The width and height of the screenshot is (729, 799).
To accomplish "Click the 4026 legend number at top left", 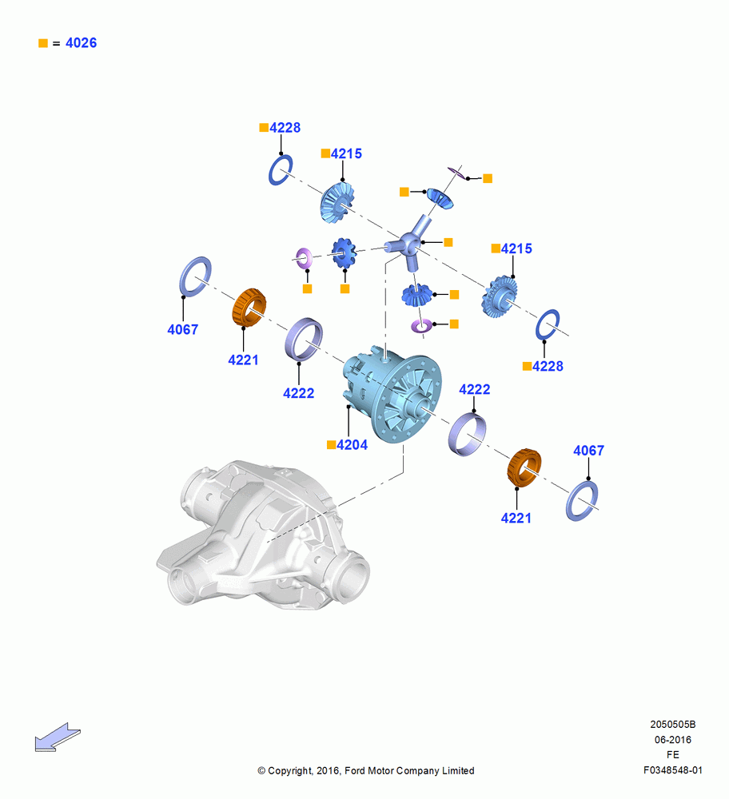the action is pyautogui.click(x=81, y=43).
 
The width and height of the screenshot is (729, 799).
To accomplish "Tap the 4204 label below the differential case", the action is pyautogui.click(x=352, y=445).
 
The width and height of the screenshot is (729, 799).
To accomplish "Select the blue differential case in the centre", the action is pyautogui.click(x=392, y=395).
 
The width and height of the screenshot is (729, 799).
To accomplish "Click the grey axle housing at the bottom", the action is pyautogui.click(x=263, y=535).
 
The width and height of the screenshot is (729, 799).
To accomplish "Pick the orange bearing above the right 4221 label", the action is pyautogui.click(x=524, y=467).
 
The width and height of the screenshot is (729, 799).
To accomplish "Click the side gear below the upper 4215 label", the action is pyautogui.click(x=337, y=203).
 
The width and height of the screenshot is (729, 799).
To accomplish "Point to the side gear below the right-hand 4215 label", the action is pyautogui.click(x=500, y=297).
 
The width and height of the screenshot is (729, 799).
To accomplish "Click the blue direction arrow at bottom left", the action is pyautogui.click(x=57, y=737).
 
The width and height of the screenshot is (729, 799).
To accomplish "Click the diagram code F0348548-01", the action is pyautogui.click(x=672, y=770).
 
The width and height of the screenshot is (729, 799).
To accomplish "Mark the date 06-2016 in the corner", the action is pyautogui.click(x=672, y=739).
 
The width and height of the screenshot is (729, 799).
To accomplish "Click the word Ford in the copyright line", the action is pyautogui.click(x=356, y=770).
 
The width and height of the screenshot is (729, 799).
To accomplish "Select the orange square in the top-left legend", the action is pyautogui.click(x=43, y=43).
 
